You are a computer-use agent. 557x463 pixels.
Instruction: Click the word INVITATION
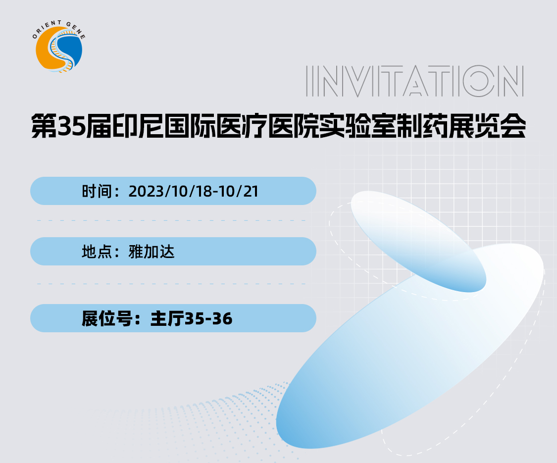click(415, 81)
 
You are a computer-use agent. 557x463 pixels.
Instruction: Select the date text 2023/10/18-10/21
click(194, 191)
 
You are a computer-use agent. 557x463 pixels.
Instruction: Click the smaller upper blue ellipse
click(418, 241)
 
